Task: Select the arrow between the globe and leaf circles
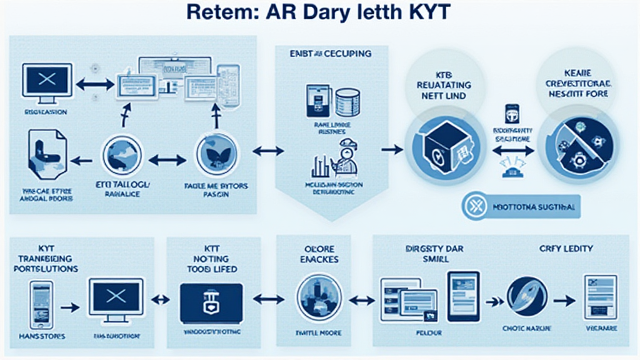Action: pos(169,160)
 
